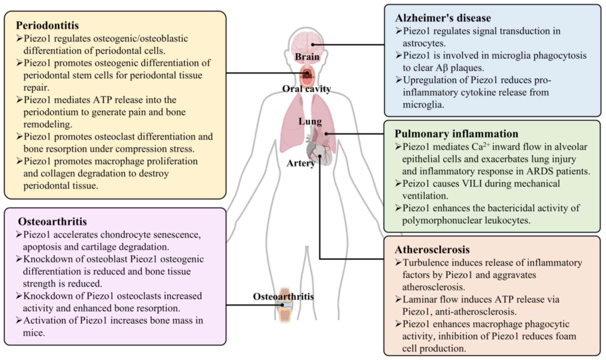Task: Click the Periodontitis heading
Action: [x=47, y=25]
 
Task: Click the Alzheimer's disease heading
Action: [x=443, y=18]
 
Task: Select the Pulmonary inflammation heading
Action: [x=456, y=134]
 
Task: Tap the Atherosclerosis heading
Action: [x=432, y=250]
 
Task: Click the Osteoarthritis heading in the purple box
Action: [x=52, y=221]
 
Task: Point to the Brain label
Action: [x=307, y=57]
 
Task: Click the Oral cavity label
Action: [x=306, y=89]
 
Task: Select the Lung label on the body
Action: [x=310, y=121]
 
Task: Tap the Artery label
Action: [x=300, y=163]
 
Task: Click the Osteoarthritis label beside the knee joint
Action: [x=283, y=296]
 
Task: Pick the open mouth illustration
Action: [x=307, y=76]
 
